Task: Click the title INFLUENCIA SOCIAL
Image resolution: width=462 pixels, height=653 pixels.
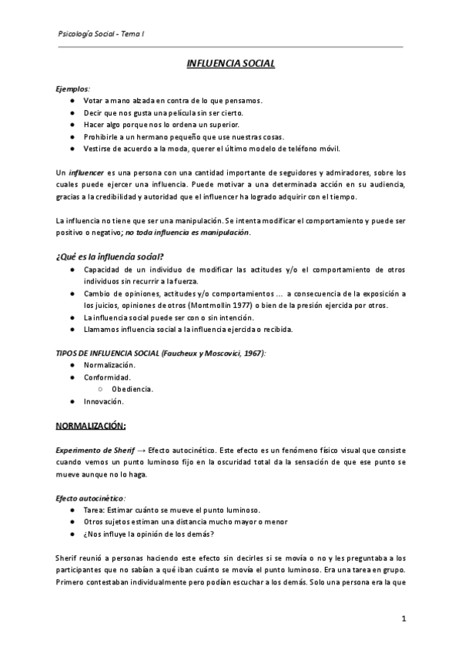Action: pos(231,64)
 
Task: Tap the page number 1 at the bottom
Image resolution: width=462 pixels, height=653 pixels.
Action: pos(403,618)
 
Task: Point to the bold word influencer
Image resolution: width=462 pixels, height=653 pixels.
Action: pos(86,172)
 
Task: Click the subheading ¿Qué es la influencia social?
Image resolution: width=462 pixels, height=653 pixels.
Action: pos(109,256)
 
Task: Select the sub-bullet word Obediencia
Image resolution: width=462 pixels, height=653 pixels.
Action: pos(132,389)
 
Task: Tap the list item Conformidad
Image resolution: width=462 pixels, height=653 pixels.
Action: pos(107,377)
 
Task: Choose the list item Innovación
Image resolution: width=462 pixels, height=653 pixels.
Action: pos(104,401)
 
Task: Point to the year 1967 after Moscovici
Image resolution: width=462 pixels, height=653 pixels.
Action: pos(252,353)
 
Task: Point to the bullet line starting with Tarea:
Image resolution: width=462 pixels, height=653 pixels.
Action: pos(172,510)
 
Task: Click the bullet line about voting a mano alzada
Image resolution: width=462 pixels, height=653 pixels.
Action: pos(173,100)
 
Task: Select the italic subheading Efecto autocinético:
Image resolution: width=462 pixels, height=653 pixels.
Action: pos(90,497)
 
